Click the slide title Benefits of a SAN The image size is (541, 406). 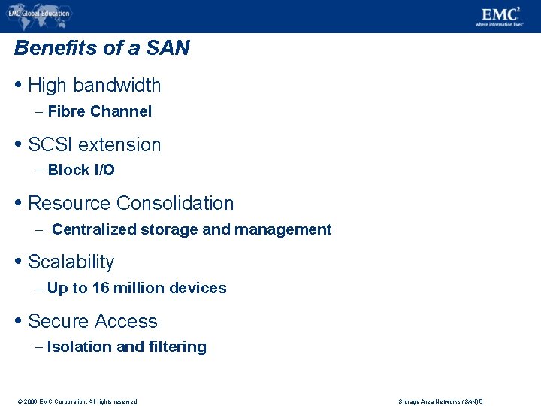(101, 49)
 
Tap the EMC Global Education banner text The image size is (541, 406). (44, 13)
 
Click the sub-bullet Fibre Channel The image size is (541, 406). (99, 112)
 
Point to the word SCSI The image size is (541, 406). (50, 144)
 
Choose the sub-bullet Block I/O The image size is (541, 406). (81, 171)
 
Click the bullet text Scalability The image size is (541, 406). (71, 262)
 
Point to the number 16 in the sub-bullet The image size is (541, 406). (101, 289)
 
